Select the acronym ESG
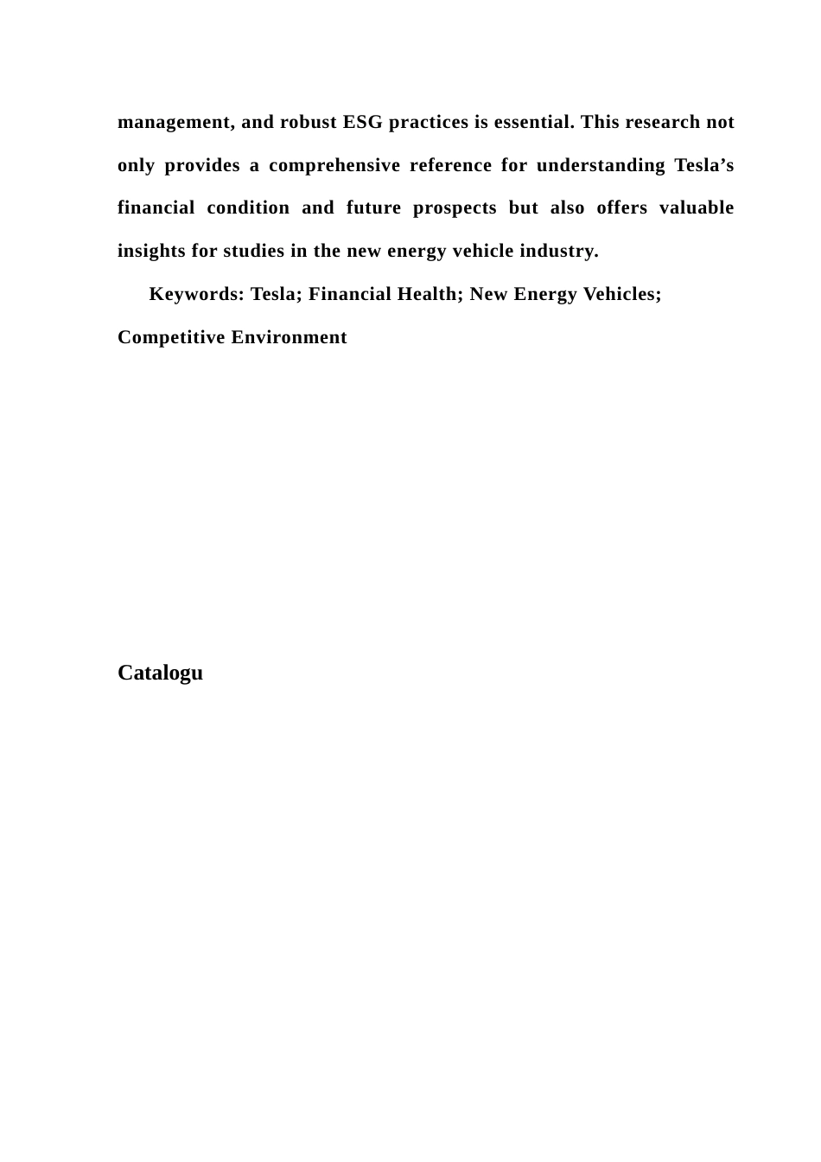pyautogui.click(x=362, y=122)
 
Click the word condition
pyautogui.click(x=248, y=208)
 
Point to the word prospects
pyautogui.click(x=455, y=208)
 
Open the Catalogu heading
pyautogui.click(x=160, y=673)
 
